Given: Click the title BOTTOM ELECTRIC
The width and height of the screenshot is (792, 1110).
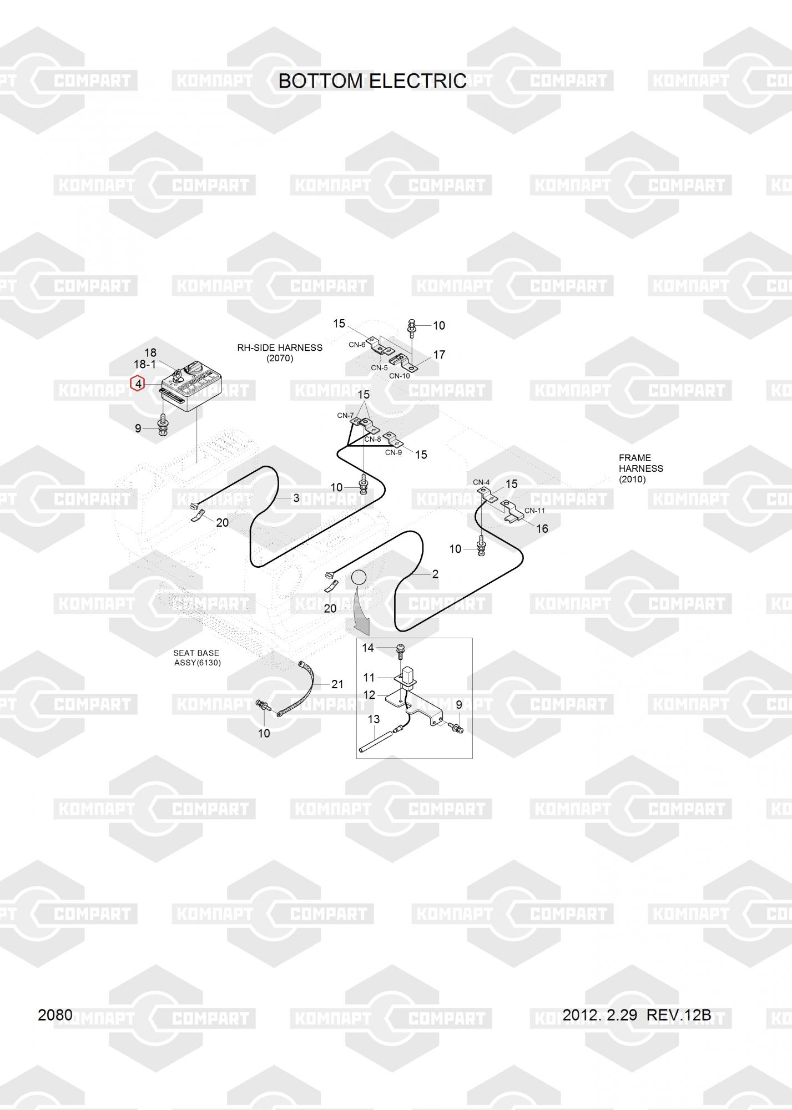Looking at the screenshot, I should tap(372, 81).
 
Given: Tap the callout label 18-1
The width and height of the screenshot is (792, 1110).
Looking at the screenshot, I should tap(145, 365).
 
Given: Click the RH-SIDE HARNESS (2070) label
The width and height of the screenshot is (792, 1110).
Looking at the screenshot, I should tap(280, 353).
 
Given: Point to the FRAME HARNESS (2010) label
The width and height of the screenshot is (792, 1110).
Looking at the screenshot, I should tap(640, 468).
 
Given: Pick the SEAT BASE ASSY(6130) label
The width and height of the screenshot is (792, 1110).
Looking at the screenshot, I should tap(196, 658).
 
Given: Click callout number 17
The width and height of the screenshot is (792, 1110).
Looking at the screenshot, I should tap(439, 355).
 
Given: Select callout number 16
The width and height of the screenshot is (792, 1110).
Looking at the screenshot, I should tap(542, 529).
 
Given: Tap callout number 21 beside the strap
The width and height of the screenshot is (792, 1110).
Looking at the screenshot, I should tap(337, 684).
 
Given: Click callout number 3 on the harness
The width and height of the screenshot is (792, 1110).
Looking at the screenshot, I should tap(296, 498).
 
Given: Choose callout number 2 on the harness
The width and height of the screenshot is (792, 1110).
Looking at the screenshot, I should tap(435, 574).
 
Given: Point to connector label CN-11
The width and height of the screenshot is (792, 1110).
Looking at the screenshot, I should tap(534, 511).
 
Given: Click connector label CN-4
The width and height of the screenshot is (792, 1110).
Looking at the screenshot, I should tap(481, 482).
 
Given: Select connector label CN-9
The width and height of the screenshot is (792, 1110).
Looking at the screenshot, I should tap(394, 452).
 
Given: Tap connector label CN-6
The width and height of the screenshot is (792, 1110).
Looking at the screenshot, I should tap(357, 345).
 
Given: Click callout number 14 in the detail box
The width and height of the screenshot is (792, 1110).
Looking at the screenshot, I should tap(368, 648).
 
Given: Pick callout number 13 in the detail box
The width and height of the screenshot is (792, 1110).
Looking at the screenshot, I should tap(374, 719).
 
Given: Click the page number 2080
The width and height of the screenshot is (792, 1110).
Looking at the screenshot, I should tap(55, 1015).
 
